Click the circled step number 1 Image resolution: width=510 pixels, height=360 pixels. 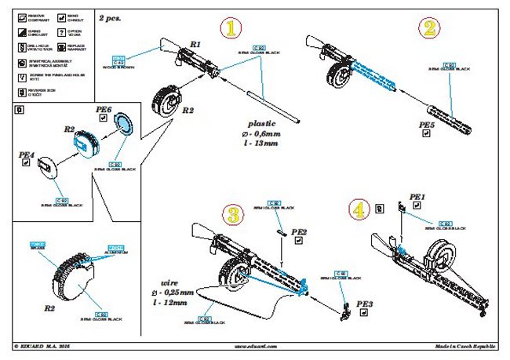(x=231, y=30)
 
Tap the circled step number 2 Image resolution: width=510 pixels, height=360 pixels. (x=428, y=30)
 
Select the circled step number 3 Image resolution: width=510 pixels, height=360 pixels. (x=233, y=215)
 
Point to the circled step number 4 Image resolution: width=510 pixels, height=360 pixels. (x=358, y=210)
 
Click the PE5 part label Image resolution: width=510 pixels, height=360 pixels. (x=428, y=125)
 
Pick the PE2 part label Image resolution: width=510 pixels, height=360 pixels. (x=299, y=232)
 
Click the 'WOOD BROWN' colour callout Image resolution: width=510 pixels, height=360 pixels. (x=119, y=68)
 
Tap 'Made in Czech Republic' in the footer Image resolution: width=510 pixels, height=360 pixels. (x=464, y=346)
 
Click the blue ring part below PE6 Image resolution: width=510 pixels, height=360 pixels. (x=123, y=125)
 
